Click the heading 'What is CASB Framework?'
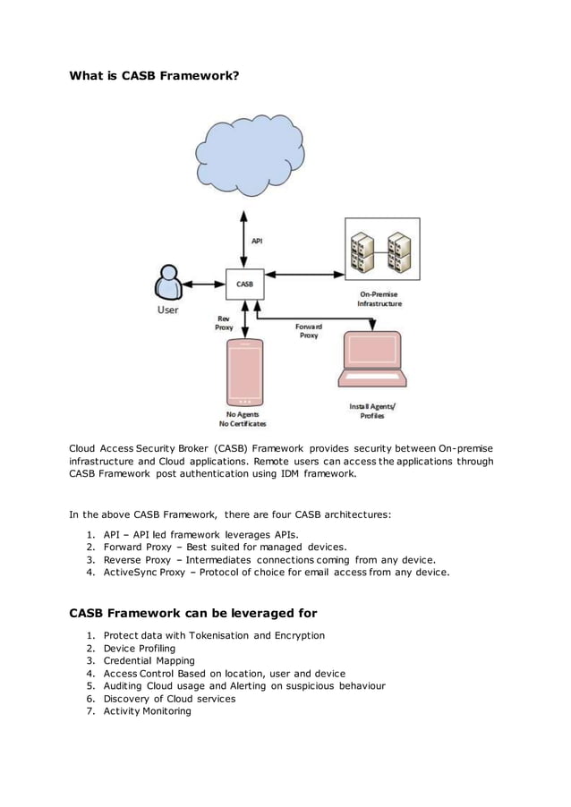point(154,76)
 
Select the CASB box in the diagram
point(243,285)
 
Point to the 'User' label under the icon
point(167,310)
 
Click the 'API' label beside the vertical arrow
point(257,240)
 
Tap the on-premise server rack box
point(381,250)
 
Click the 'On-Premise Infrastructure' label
point(380,299)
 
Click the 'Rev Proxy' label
point(224,323)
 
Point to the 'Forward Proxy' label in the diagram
point(308,331)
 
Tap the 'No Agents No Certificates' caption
point(243,419)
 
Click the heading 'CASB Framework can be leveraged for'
point(193,614)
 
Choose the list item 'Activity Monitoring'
point(147,710)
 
